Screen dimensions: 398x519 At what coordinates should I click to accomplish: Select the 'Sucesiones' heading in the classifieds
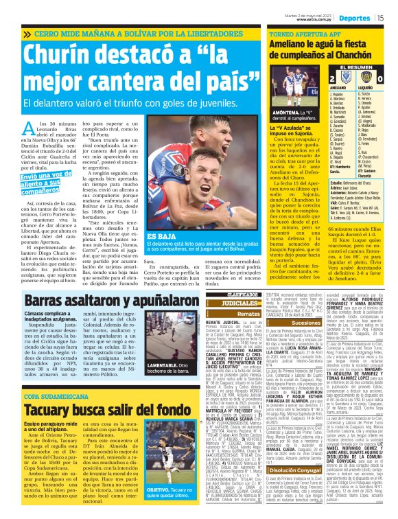pos(281,321)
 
